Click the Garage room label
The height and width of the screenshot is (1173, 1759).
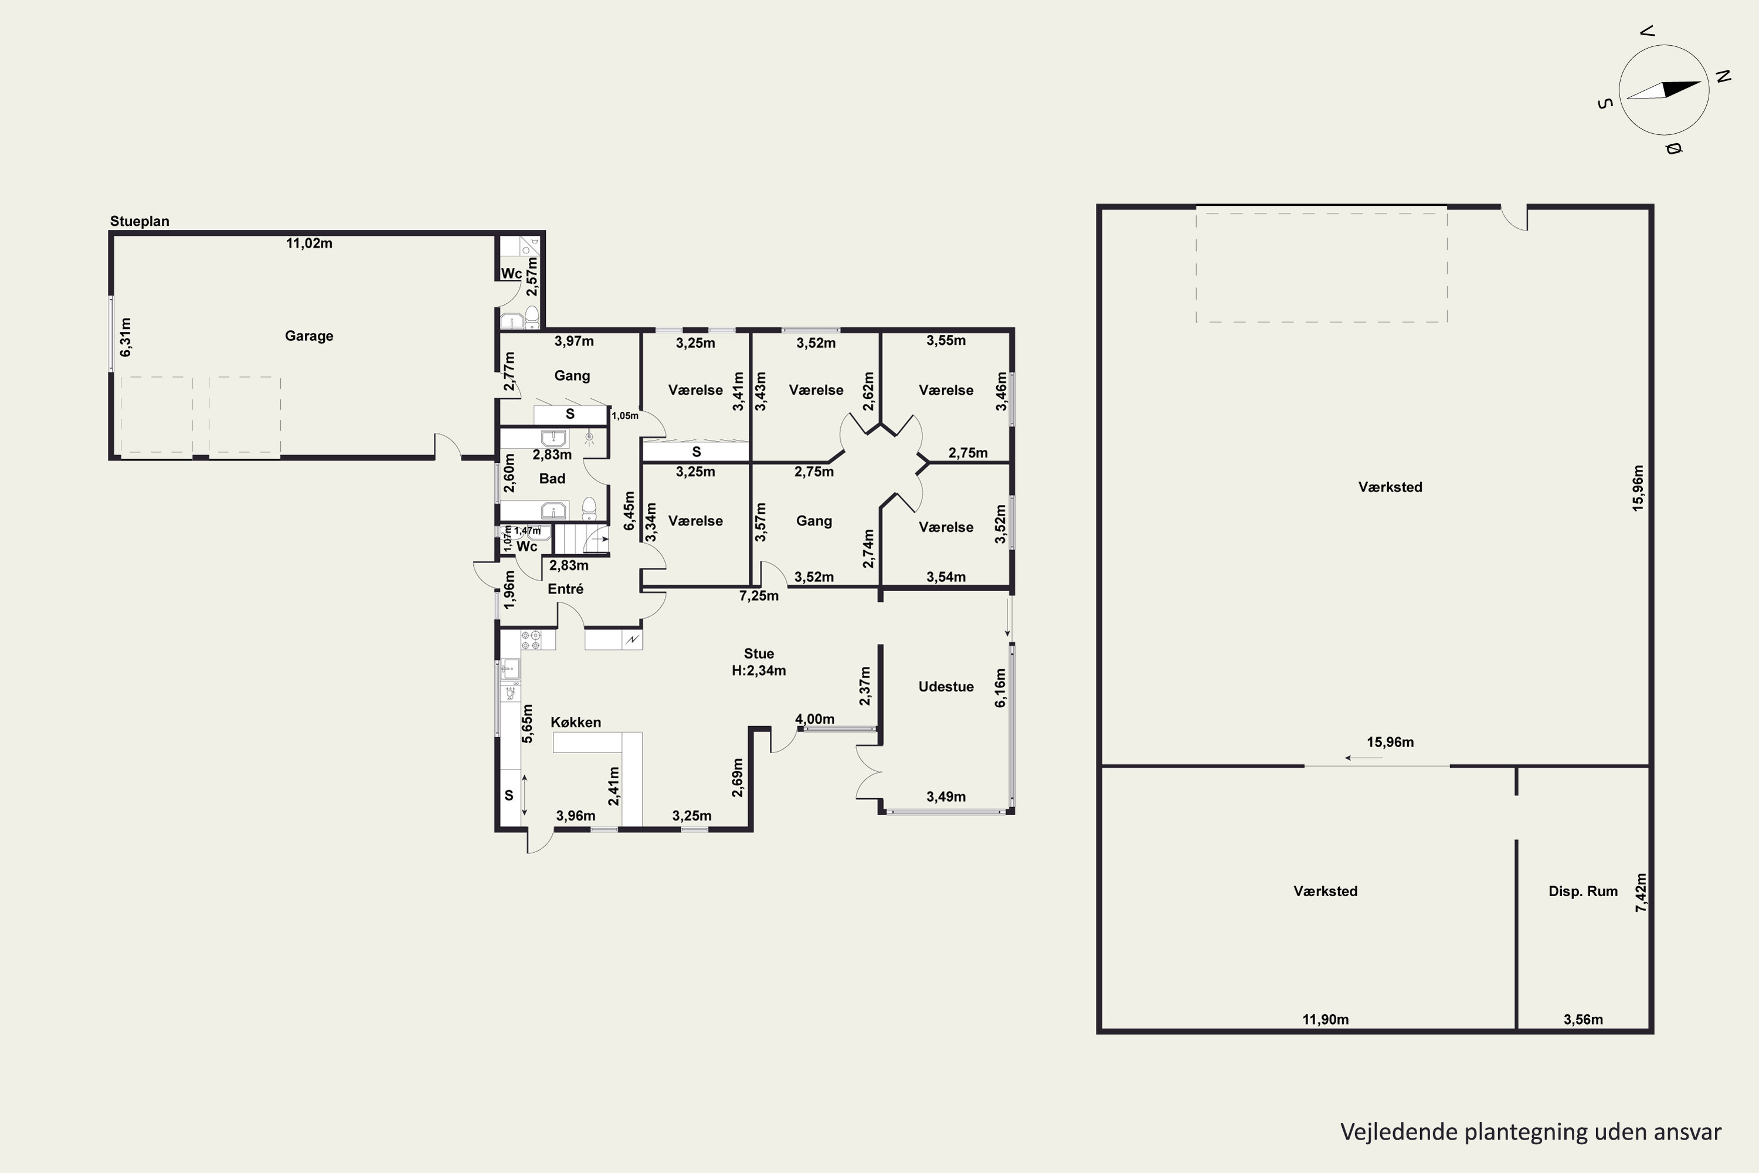[309, 336]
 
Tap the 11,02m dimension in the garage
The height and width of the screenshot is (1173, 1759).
[309, 243]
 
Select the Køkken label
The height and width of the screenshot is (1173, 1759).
[576, 722]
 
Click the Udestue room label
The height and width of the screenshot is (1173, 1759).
[946, 687]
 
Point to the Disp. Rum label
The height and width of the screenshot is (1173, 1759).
[1583, 891]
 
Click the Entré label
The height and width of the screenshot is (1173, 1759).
[565, 589]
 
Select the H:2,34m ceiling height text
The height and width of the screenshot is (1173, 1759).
[759, 670]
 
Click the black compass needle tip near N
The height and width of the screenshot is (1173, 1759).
[1702, 82]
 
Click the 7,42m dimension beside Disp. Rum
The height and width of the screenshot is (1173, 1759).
[1641, 893]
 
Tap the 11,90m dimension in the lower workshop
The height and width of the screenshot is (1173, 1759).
[1326, 1019]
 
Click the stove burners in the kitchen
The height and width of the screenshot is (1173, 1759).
[530, 640]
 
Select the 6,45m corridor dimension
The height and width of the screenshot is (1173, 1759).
[629, 511]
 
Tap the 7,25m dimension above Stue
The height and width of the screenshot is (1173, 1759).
[759, 595]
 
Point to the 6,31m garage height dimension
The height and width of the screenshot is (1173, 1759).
[125, 337]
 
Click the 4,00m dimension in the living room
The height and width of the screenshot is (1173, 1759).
[814, 719]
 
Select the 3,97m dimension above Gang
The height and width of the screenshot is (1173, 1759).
[575, 341]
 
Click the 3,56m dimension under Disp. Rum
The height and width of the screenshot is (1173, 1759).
[1583, 1019]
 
